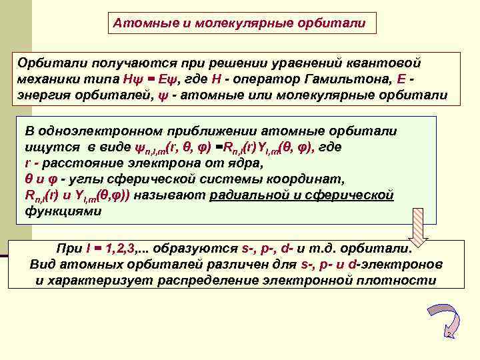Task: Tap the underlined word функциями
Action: [x=63, y=211]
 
